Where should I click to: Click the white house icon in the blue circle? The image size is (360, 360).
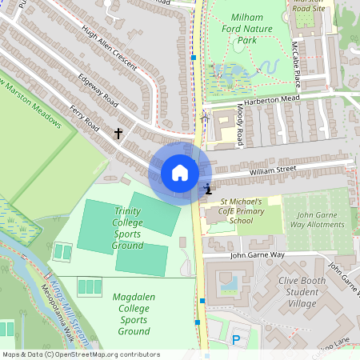click(x=180, y=172)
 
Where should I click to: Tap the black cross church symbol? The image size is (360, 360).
click(x=119, y=133)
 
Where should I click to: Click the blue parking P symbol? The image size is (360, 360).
click(x=236, y=340)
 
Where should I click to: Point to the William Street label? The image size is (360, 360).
click(x=272, y=170)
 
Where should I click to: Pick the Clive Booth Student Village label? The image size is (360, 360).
click(x=309, y=292)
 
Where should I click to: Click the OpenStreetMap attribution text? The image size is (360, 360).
click(x=81, y=354)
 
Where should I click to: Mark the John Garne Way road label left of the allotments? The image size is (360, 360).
click(x=257, y=255)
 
